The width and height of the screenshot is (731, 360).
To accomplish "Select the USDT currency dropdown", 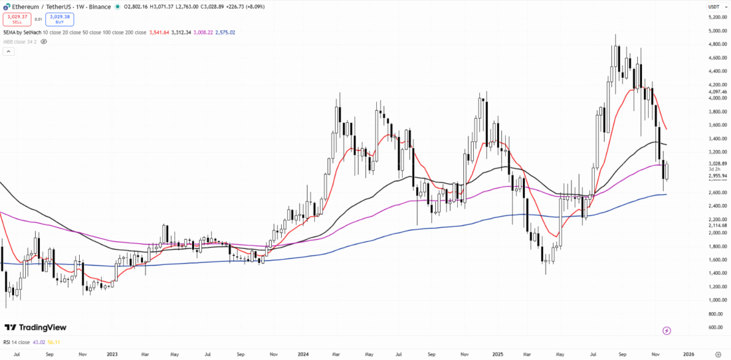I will (x=714, y=7).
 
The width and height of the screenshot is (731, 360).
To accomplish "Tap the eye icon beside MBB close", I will (x=44, y=41).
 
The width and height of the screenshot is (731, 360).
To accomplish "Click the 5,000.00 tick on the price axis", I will (x=716, y=31).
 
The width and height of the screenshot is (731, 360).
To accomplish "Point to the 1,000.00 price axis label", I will (x=716, y=300).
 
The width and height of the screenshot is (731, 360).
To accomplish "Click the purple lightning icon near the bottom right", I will (x=667, y=330).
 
